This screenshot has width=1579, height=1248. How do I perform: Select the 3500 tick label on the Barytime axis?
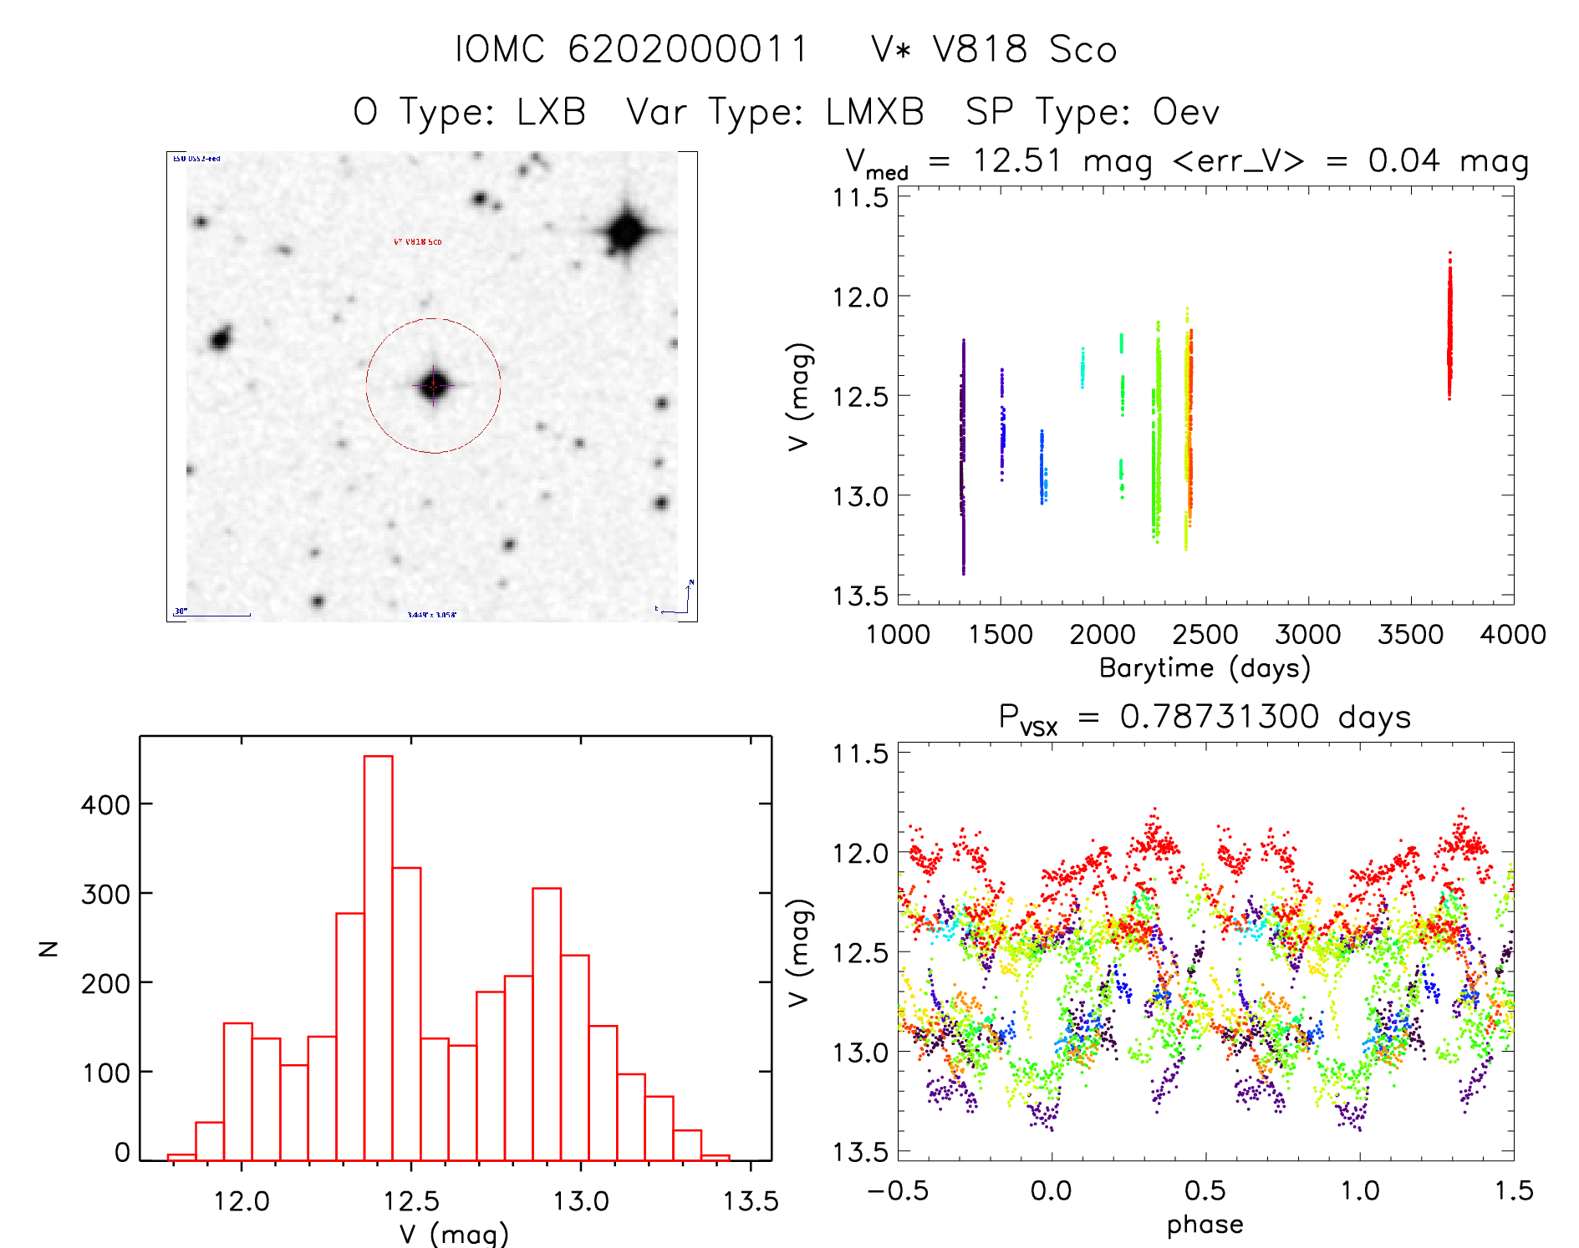pyautogui.click(x=1410, y=634)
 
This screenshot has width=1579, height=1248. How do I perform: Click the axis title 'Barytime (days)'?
pyautogui.click(x=1205, y=668)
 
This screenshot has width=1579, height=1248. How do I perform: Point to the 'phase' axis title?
pyautogui.click(x=1205, y=1225)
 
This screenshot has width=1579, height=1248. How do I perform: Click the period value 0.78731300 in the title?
pyautogui.click(x=1220, y=717)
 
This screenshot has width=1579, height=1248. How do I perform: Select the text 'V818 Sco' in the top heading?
pyautogui.click(x=1025, y=49)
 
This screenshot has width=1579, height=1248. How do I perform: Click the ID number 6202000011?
pyautogui.click(x=688, y=49)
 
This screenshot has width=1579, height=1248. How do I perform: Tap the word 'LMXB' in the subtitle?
pyautogui.click(x=875, y=112)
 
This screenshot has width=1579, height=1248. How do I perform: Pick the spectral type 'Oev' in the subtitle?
pyautogui.click(x=1185, y=112)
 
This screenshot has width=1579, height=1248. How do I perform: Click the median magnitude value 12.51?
pyautogui.click(x=1016, y=160)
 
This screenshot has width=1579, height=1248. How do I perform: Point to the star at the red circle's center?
pyautogui.click(x=434, y=385)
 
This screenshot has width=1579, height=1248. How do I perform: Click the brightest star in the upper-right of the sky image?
pyautogui.click(x=625, y=231)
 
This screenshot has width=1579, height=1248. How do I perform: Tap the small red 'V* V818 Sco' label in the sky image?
pyautogui.click(x=417, y=242)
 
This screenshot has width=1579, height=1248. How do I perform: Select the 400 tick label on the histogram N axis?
pyautogui.click(x=105, y=805)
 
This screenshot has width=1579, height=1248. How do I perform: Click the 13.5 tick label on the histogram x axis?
pyautogui.click(x=750, y=1201)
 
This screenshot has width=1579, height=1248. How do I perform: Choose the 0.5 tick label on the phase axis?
pyautogui.click(x=1205, y=1190)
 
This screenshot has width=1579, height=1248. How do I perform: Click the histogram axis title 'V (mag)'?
pyautogui.click(x=454, y=1234)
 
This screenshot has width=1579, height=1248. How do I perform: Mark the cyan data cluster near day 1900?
pyautogui.click(x=1082, y=368)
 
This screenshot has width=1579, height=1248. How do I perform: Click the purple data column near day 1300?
pyautogui.click(x=963, y=459)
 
